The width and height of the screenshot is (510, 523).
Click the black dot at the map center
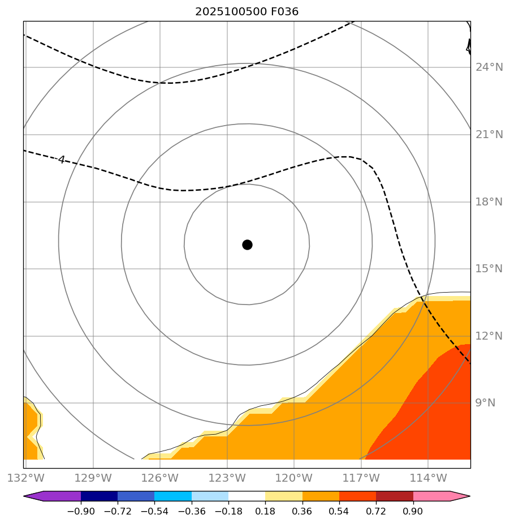coord(247,245)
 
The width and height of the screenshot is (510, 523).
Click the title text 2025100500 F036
coord(247,11)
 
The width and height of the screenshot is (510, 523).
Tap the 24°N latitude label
coord(489,67)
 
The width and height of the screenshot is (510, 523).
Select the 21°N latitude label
coord(489,135)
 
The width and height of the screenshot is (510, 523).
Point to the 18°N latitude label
coord(489,202)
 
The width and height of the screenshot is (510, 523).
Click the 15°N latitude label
coord(489,269)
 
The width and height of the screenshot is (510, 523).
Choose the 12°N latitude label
coord(489,336)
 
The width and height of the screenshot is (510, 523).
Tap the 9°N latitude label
coord(486,403)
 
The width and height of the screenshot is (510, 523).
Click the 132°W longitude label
coord(25,478)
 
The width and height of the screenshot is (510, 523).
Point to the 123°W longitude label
coord(227,478)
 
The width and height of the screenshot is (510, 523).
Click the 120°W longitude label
coord(294,478)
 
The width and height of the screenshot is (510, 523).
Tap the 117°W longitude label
coord(361,478)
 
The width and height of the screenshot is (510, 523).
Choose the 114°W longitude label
coord(428,478)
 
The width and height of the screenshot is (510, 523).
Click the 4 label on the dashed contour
coord(61,160)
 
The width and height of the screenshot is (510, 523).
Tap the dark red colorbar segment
coord(395,496)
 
